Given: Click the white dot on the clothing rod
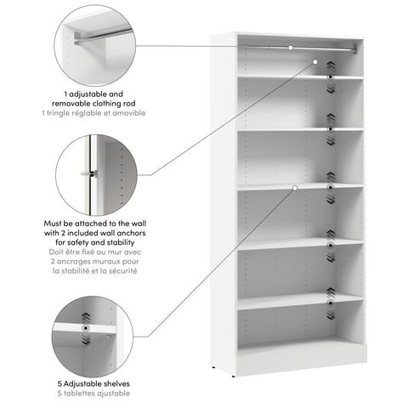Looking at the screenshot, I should click(291, 48).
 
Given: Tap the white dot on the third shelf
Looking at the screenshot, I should click(294, 187).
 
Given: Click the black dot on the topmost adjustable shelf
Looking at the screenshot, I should click(331, 77).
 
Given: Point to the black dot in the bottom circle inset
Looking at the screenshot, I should click(85, 327).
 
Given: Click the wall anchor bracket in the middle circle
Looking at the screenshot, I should click(88, 173).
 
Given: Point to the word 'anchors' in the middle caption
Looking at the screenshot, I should click(122, 233).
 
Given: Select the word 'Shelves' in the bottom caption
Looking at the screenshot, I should click(110, 383).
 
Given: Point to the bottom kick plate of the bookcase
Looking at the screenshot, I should click(302, 360).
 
